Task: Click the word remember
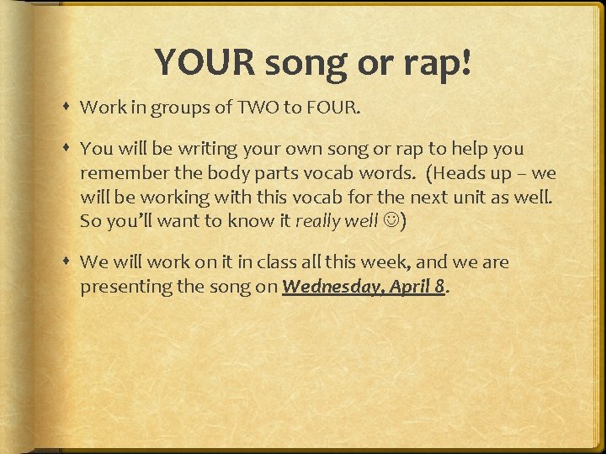[119, 173]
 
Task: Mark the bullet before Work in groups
[67, 108]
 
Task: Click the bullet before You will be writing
[67, 150]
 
